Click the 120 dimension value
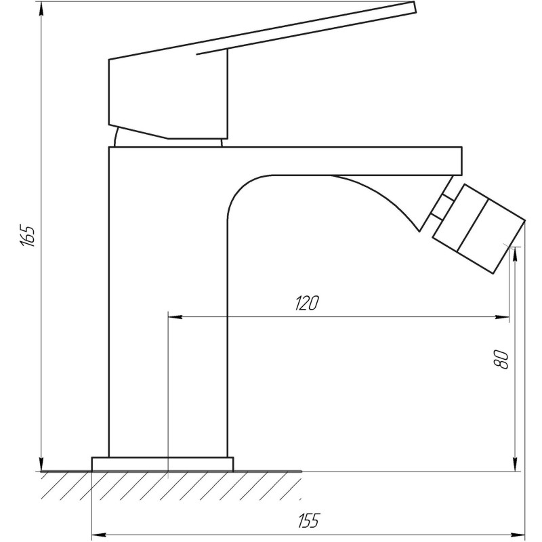click(x=306, y=304)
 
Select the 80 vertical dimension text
click(x=502, y=359)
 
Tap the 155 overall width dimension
click(x=308, y=520)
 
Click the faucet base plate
click(x=163, y=464)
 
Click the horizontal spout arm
click(x=339, y=160)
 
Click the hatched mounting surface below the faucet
click(x=169, y=485)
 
